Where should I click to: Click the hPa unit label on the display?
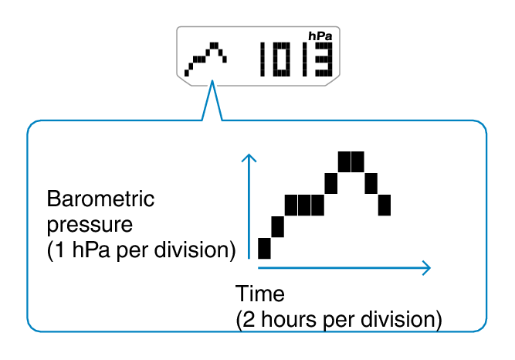point(320,36)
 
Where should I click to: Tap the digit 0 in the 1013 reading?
point(282,59)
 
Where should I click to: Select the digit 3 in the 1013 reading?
point(324,59)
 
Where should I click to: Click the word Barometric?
point(100,199)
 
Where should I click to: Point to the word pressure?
point(90,226)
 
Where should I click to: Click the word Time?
point(259,294)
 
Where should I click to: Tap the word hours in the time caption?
point(289,319)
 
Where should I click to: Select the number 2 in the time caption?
point(249,319)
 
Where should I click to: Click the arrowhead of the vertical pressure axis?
point(249,157)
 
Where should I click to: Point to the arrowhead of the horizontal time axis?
point(427,268)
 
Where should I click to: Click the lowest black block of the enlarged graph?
point(264,248)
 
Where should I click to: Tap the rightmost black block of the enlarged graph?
point(385,205)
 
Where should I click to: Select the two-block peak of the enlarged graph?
point(351,161)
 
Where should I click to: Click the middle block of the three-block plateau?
point(304,205)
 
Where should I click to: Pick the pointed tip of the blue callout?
point(212,80)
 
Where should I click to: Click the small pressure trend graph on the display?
point(205,59)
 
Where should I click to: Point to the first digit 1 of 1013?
point(263,59)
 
